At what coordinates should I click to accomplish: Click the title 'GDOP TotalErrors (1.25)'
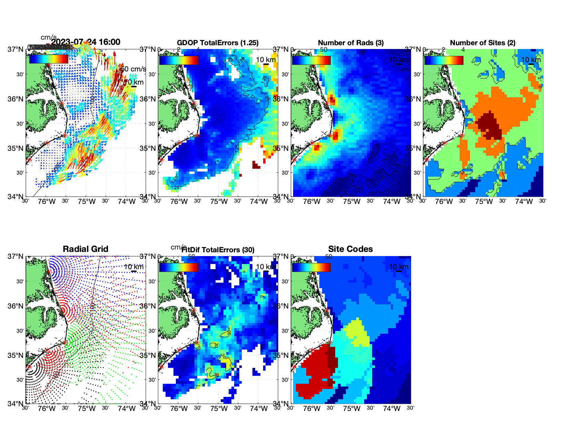(218, 43)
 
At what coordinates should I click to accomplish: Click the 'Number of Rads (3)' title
(351, 43)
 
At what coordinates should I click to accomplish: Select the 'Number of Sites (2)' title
(482, 43)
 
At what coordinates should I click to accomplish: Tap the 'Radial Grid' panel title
(86, 249)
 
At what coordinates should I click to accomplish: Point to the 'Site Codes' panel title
(350, 249)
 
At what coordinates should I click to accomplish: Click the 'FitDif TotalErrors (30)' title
(218, 250)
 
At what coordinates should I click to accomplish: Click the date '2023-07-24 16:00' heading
(86, 42)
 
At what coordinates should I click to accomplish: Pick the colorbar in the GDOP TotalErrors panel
(179, 60)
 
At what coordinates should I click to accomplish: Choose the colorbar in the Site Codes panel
(311, 267)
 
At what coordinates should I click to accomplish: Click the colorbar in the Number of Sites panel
(443, 60)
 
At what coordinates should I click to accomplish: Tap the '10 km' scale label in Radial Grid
(133, 267)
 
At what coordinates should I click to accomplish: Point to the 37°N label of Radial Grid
(16, 256)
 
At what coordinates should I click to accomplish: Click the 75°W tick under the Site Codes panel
(351, 409)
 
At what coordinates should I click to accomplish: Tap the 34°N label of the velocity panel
(16, 197)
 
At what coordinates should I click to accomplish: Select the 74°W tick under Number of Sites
(524, 202)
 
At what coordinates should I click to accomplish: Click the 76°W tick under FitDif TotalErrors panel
(179, 409)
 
